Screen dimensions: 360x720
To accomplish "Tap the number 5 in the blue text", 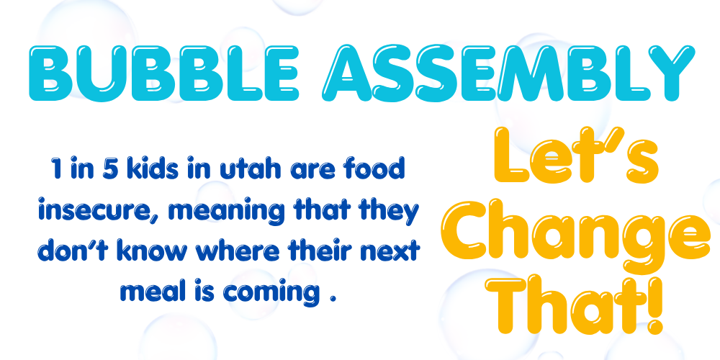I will pos(108,171).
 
